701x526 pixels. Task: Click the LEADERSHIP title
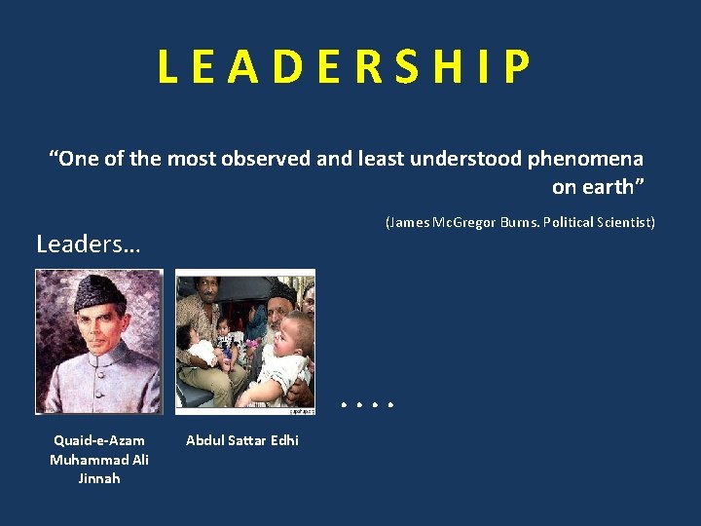click(346, 67)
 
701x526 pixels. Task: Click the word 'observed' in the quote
click(270, 158)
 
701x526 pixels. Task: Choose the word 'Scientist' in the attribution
click(624, 222)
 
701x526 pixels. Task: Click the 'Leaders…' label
click(88, 244)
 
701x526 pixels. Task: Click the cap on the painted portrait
click(99, 289)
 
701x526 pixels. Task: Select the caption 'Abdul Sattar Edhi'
click(242, 441)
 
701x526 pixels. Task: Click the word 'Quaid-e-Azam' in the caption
click(99, 441)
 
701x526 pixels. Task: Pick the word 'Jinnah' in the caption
click(99, 478)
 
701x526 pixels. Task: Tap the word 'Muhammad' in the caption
click(86, 460)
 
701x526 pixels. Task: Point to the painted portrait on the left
click(98, 341)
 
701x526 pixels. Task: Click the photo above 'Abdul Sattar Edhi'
click(245, 341)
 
